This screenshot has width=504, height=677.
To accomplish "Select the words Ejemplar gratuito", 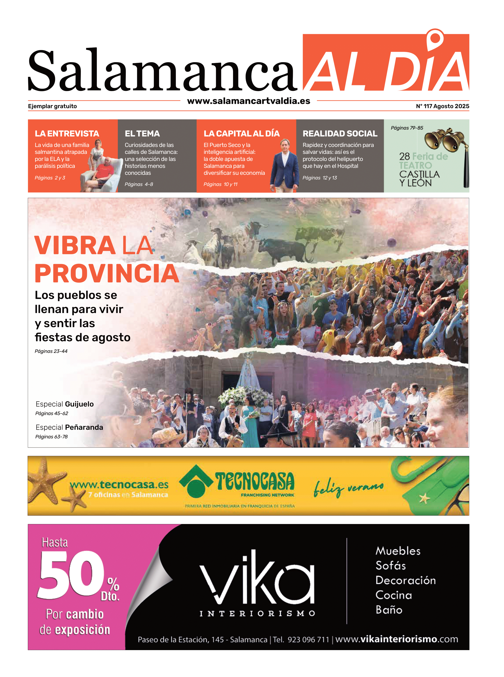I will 53,106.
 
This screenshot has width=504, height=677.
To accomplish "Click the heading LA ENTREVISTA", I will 67,134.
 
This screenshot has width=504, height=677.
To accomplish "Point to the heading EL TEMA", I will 142,134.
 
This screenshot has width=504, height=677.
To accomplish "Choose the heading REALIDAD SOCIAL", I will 340,134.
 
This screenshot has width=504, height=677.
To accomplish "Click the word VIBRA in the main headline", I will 74,245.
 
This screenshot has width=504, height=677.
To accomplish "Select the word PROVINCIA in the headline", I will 107,273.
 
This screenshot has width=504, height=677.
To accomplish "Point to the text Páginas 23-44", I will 51,351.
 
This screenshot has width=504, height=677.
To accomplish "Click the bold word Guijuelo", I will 79,404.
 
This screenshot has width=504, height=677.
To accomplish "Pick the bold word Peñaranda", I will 84,427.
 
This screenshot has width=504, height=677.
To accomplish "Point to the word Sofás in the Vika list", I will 391,565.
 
